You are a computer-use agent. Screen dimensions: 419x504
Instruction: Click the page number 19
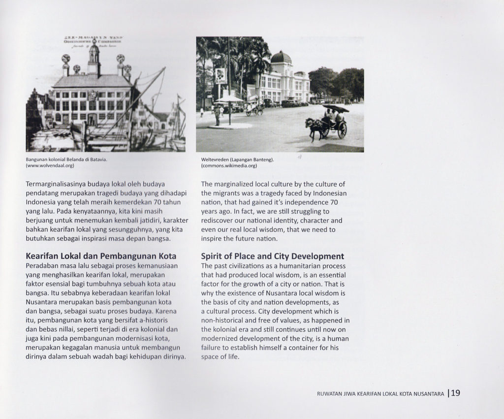click(x=455, y=393)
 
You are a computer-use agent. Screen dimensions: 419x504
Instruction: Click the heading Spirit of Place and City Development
click(x=272, y=257)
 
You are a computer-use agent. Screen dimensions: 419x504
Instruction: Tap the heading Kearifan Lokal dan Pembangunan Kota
click(x=101, y=257)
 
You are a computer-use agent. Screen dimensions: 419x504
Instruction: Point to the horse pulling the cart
click(x=315, y=127)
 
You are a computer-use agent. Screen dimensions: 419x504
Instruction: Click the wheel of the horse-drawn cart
click(x=342, y=129)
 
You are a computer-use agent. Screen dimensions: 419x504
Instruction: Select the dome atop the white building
click(x=281, y=58)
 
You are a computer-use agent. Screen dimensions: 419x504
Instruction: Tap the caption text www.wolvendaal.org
click(x=50, y=166)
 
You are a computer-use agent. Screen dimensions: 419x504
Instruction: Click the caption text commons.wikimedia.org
click(x=229, y=166)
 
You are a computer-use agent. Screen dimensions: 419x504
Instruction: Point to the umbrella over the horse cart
click(x=336, y=108)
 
